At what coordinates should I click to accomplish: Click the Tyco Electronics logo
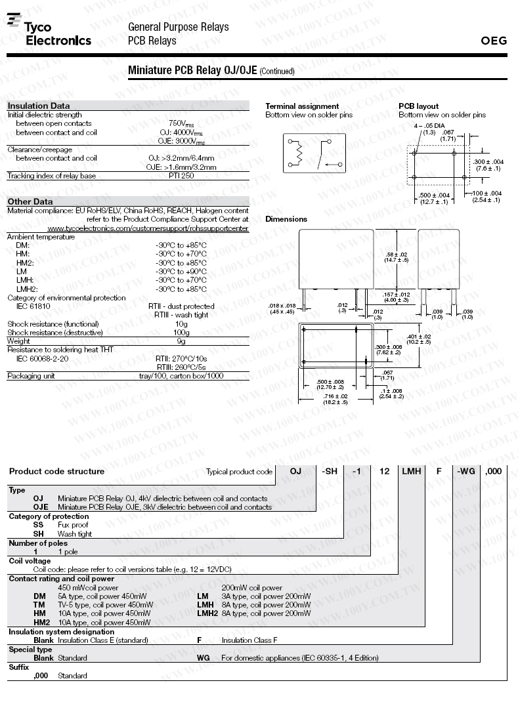point(49,32)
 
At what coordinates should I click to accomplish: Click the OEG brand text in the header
point(494,41)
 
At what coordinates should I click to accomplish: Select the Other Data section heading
point(30,201)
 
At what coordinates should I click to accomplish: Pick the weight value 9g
point(181,341)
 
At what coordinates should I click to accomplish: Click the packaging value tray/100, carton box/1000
point(182,376)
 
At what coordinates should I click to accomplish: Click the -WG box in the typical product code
point(465,471)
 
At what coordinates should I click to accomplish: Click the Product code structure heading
point(56,471)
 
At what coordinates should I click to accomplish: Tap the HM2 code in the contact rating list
point(41,622)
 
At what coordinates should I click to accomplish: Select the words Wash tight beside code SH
point(75,534)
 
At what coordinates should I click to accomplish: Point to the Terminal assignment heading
point(302,106)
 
